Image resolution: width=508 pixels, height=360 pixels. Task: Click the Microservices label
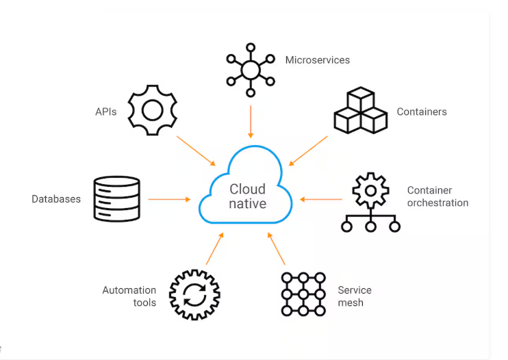tap(317, 60)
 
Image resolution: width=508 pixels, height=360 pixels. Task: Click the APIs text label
tap(107, 111)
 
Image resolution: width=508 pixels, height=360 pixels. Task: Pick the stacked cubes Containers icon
tap(360, 111)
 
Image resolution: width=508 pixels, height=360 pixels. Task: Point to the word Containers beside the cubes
tap(422, 112)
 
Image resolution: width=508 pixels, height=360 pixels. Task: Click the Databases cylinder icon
tap(116, 199)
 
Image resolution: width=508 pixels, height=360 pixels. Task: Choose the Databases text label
tap(56, 199)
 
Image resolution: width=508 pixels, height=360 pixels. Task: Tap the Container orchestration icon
tap(370, 203)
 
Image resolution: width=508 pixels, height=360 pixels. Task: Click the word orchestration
tap(438, 203)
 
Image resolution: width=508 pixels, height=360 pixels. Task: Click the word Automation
tap(129, 290)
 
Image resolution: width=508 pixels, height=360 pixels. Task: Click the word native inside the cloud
tap(247, 203)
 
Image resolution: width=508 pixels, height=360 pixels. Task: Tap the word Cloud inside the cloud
tap(247, 189)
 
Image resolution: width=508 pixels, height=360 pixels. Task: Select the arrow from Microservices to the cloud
tap(251, 122)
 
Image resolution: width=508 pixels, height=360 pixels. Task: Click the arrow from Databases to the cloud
tap(169, 199)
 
